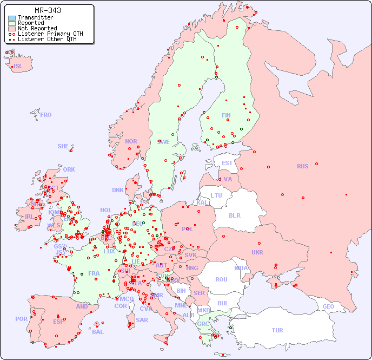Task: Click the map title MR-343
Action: point(48,10)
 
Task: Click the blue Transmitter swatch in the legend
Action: point(12,18)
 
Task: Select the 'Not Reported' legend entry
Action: point(37,28)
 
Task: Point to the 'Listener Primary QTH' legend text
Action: point(50,34)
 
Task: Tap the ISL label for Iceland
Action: point(18,67)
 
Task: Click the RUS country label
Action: point(302,166)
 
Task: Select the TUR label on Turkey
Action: point(277,330)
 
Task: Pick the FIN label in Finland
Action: point(226,115)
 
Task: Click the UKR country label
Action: point(257,252)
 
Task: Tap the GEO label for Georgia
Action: point(328,306)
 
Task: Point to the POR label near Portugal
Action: point(21,319)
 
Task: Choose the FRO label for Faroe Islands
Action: point(46,115)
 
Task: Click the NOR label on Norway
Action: point(131,141)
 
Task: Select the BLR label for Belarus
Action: point(234,215)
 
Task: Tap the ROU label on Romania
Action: point(221,279)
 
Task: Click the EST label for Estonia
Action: point(227,163)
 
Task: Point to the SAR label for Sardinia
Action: point(142,320)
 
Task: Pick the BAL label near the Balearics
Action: point(98,332)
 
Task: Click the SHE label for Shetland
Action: point(63,146)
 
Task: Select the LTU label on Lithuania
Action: point(216,195)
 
